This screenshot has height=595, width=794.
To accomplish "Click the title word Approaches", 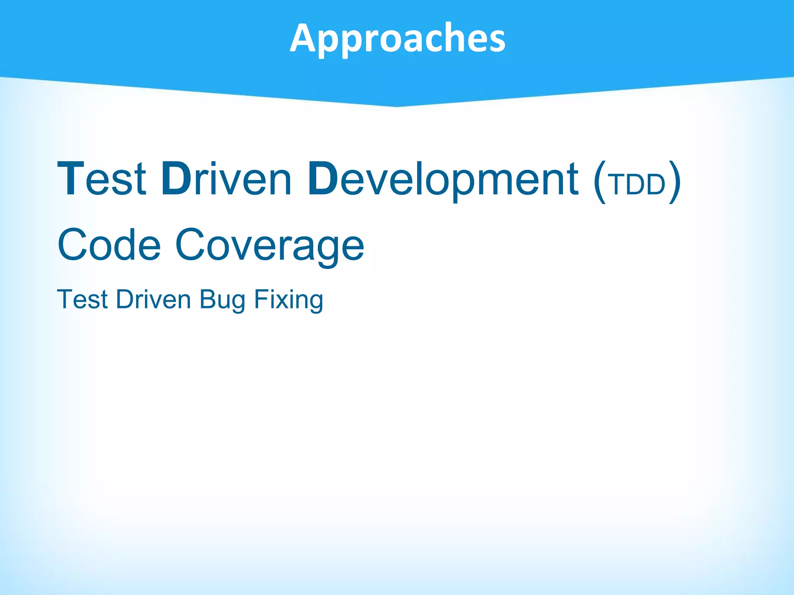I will pyautogui.click(x=397, y=38).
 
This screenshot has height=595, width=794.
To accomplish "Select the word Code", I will pyautogui.click(x=109, y=245).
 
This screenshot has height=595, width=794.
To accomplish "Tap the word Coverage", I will pyautogui.click(x=269, y=245).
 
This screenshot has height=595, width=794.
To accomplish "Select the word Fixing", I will pyautogui.click(x=288, y=299).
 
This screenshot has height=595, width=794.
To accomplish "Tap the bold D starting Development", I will pyautogui.click(x=323, y=179).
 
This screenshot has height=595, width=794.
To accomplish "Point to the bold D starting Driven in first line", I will pyautogui.click(x=176, y=179).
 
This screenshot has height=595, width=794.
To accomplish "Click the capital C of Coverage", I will pyautogui.click(x=190, y=245).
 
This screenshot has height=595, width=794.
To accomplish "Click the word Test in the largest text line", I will pyautogui.click(x=102, y=179).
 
